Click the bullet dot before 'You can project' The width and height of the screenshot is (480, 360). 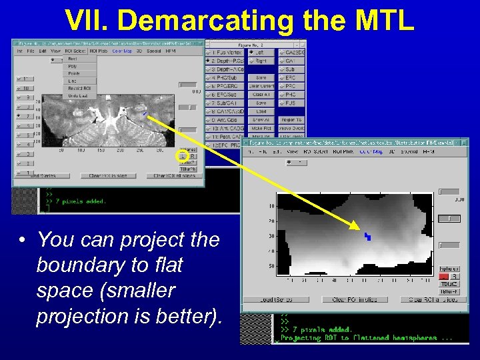coord(23,240)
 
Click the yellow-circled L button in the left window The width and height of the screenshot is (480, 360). coord(180,157)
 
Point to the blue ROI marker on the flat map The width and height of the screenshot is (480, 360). coord(367,236)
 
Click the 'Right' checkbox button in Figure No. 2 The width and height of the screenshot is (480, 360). coord(260,60)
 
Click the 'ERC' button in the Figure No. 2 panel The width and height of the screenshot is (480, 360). coord(291,77)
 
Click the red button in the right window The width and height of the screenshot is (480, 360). coord(445,276)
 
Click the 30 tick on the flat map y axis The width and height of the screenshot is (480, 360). coord(271,236)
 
